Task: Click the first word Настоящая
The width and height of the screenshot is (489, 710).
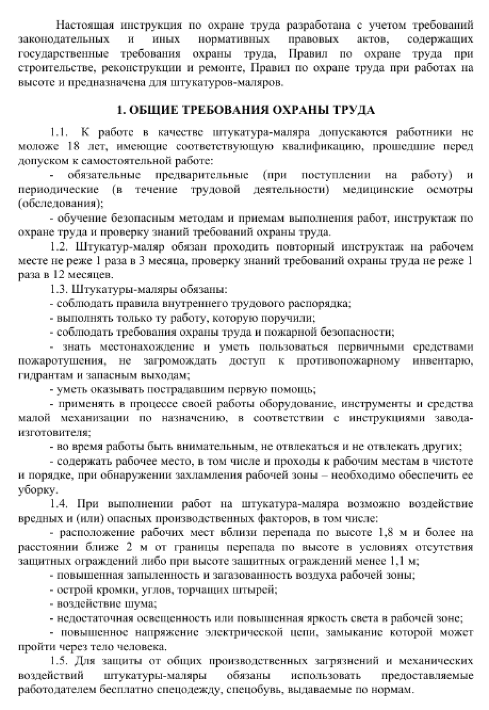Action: tap(84, 25)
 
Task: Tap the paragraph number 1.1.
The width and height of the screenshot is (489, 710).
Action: tap(60, 132)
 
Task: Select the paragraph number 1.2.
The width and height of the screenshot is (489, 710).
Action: tap(60, 247)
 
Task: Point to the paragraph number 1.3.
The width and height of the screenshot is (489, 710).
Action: tap(60, 289)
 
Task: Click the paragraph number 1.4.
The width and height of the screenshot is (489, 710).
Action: tap(60, 503)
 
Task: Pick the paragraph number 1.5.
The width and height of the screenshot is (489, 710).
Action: tap(60, 661)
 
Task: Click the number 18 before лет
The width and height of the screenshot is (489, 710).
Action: tap(75, 146)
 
